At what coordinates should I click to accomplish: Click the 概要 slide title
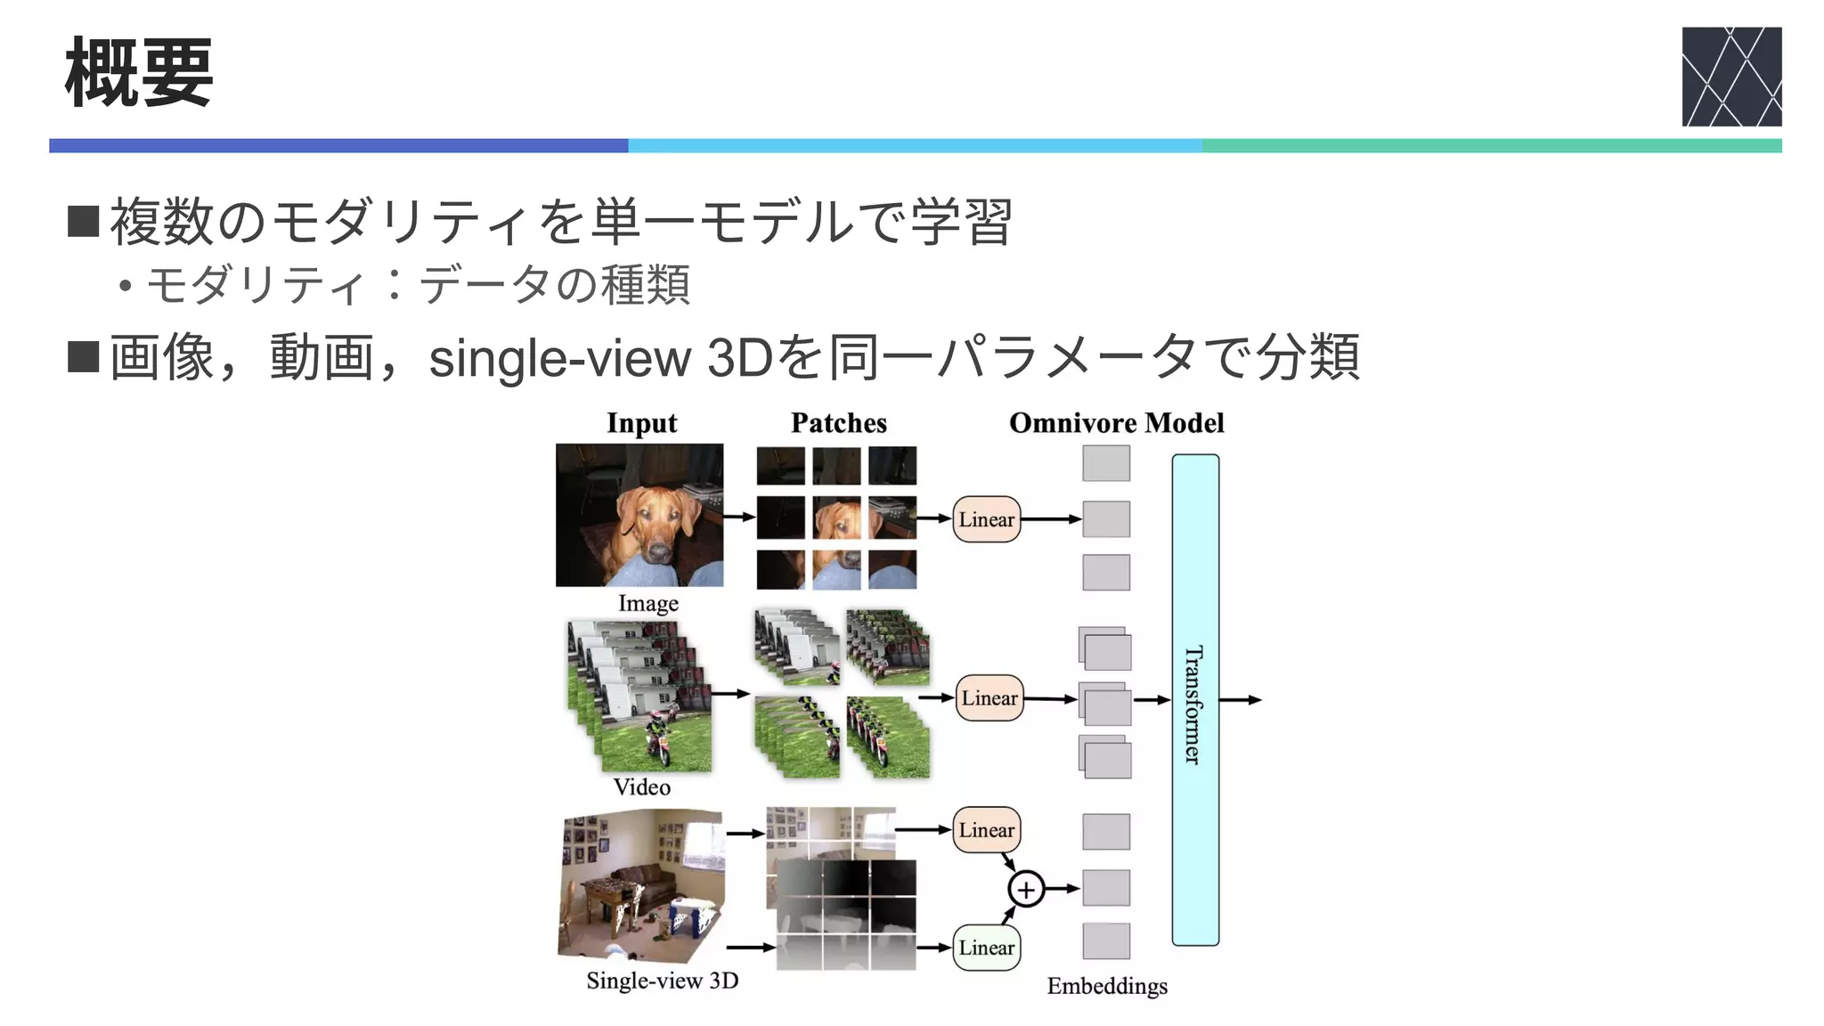(x=139, y=73)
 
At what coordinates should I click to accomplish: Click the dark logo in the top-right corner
(x=1730, y=77)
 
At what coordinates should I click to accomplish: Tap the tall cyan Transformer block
(x=1194, y=700)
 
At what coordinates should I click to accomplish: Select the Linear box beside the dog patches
(x=986, y=519)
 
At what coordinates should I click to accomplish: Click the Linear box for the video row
(x=989, y=698)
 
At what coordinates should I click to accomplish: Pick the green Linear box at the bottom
(x=986, y=948)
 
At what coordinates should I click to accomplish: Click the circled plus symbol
(x=1026, y=889)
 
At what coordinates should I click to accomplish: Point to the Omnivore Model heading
(x=1116, y=423)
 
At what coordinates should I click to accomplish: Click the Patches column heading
(x=838, y=423)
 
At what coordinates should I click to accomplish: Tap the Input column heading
(x=641, y=423)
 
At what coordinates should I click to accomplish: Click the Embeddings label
(x=1106, y=986)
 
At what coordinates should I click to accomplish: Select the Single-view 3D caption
(x=662, y=981)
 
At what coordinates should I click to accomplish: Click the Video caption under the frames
(x=641, y=787)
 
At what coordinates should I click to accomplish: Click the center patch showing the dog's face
(x=836, y=518)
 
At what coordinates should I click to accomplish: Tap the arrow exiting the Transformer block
(x=1240, y=700)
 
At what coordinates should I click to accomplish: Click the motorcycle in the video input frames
(x=657, y=739)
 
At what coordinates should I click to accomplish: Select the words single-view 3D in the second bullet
(x=598, y=358)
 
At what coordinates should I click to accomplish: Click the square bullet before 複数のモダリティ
(x=83, y=221)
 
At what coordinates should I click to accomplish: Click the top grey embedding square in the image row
(x=1106, y=464)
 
